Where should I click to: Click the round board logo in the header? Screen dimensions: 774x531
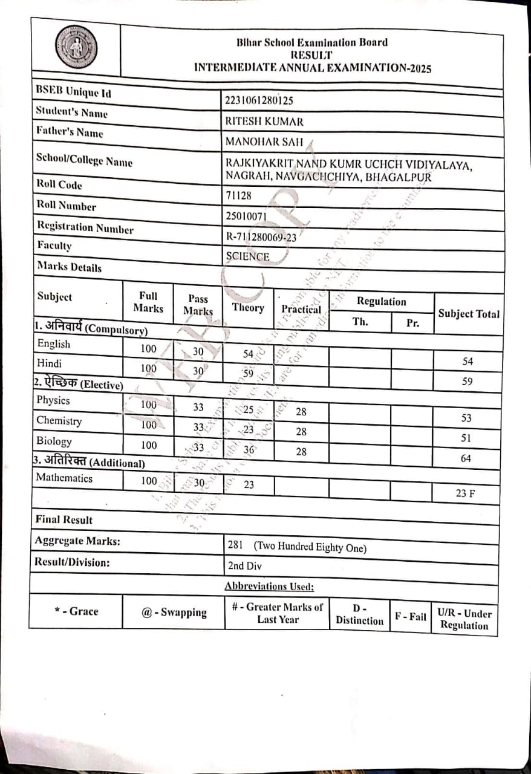(76, 47)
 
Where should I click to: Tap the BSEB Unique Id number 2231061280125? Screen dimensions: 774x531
(259, 101)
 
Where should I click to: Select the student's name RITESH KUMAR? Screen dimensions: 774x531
(264, 122)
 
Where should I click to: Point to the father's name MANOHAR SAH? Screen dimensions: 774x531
(264, 143)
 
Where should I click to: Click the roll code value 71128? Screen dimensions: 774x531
(238, 195)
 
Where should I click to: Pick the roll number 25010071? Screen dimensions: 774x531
(246, 215)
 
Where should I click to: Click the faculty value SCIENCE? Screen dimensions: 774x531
(247, 256)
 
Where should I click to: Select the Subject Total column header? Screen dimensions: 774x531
(469, 314)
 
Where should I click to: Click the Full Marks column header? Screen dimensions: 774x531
(148, 302)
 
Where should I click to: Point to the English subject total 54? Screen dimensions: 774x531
(467, 362)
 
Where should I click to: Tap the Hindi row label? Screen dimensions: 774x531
(50, 363)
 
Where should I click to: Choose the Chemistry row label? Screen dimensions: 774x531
(59, 420)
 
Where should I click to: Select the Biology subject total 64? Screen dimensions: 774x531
(466, 458)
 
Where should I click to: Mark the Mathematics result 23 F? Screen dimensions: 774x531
(465, 493)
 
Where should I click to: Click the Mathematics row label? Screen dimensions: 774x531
(64, 478)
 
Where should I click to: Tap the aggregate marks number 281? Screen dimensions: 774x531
(235, 545)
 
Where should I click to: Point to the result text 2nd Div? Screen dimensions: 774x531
(245, 566)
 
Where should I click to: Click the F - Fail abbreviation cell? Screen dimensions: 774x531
(410, 617)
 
